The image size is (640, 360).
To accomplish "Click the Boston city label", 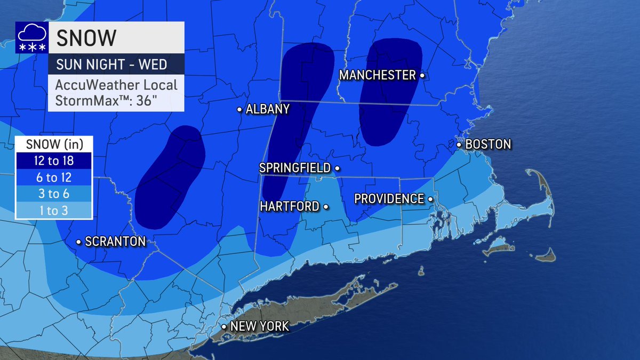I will [x=488, y=144].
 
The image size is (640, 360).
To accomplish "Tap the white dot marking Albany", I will [x=239, y=110].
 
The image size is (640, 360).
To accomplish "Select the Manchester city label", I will [x=377, y=76].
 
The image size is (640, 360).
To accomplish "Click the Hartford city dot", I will [x=325, y=206].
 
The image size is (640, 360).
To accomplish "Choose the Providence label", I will [x=389, y=198].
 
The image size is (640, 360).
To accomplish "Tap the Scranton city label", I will [x=115, y=242].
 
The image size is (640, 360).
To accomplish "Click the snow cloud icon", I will [x=31, y=38].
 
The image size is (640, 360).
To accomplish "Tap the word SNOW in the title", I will [x=86, y=38].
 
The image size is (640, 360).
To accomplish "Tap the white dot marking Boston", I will [x=459, y=145].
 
